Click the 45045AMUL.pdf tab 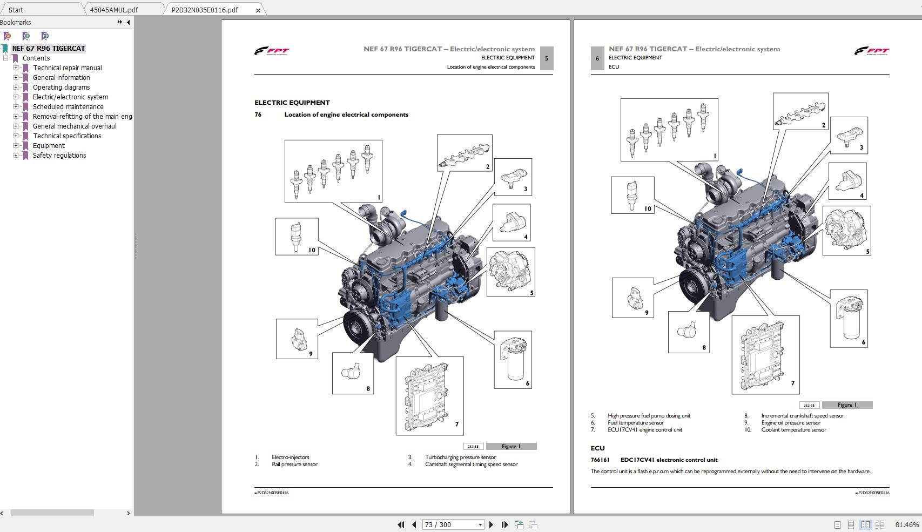(x=113, y=10)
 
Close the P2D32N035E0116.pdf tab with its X (x=258, y=10)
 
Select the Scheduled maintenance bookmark (x=68, y=107)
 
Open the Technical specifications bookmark (x=67, y=136)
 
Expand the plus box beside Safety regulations (x=16, y=156)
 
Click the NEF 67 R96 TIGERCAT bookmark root (x=48, y=49)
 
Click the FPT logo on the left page (x=272, y=51)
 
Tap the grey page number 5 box (x=546, y=58)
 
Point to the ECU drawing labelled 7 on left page (x=429, y=395)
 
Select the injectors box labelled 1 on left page (x=333, y=171)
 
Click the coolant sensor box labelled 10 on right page (x=632, y=195)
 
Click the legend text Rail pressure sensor (x=294, y=464)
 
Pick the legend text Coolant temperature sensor (x=793, y=430)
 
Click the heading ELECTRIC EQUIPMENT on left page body (x=292, y=103)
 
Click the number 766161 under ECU (x=600, y=460)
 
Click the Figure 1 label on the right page (x=846, y=405)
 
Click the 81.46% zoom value (x=907, y=524)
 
